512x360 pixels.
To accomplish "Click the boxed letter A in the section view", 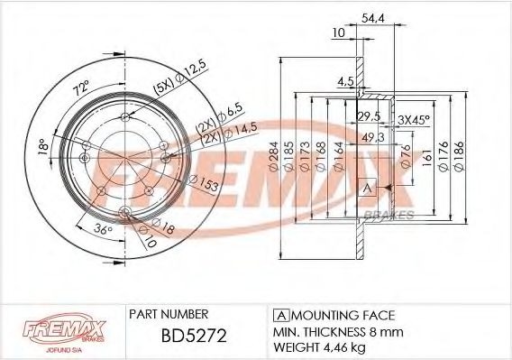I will click(367, 188).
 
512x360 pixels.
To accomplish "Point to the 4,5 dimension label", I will click(344, 80).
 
